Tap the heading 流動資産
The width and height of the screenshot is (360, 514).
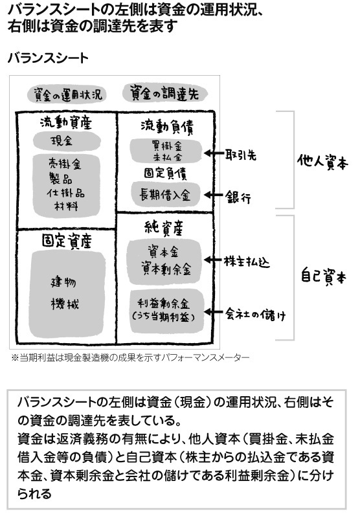click(x=66, y=123)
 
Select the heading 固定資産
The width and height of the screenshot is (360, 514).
click(x=67, y=241)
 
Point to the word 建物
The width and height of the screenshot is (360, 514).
click(x=63, y=282)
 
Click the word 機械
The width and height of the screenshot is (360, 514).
click(x=65, y=304)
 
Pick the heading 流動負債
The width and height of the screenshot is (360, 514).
click(x=167, y=126)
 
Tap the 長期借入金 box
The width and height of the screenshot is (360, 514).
click(x=165, y=195)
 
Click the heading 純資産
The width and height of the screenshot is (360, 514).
click(x=163, y=228)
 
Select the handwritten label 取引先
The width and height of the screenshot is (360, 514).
click(x=240, y=155)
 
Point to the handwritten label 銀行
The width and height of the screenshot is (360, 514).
click(x=238, y=197)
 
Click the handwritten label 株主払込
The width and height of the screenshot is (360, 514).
click(x=247, y=262)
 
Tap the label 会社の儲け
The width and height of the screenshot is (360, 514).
click(x=255, y=315)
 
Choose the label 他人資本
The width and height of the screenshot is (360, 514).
click(x=322, y=161)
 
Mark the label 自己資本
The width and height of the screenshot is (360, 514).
click(x=323, y=277)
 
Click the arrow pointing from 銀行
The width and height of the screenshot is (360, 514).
click(x=213, y=195)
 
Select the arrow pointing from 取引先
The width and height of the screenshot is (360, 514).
click(x=213, y=153)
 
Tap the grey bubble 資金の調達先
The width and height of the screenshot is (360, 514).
click(x=165, y=93)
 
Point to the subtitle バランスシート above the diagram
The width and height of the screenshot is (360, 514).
click(x=48, y=58)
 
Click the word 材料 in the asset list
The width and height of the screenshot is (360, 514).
click(x=66, y=207)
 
